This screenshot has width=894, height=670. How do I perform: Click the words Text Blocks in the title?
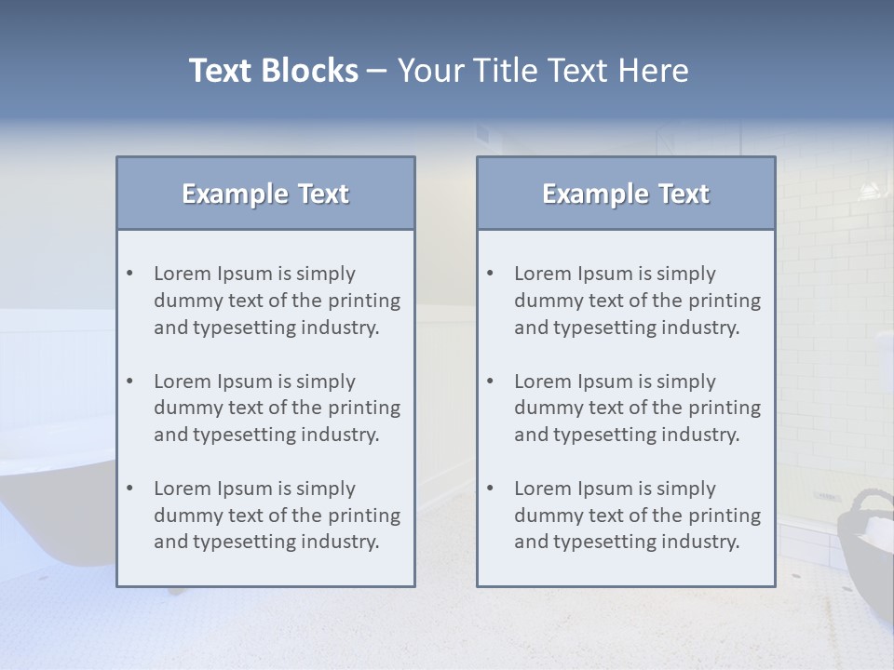pos(273,71)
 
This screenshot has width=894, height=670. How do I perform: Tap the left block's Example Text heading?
pos(265,194)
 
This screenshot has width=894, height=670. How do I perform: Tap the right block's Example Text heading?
pos(626,194)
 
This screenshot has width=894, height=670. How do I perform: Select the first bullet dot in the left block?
pos(130,274)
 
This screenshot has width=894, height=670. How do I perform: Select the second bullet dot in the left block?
pos(130,382)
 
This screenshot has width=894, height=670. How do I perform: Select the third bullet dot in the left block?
pos(130,489)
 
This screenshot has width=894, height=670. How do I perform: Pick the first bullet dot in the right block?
pos(491,274)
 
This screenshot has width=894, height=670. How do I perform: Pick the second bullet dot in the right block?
pos(491,382)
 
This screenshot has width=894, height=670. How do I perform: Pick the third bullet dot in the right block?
pos(491,489)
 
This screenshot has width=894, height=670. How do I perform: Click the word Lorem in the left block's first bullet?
pos(183,274)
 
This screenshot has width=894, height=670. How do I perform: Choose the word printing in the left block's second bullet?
pos(365,408)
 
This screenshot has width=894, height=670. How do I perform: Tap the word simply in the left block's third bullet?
pos(327,489)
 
